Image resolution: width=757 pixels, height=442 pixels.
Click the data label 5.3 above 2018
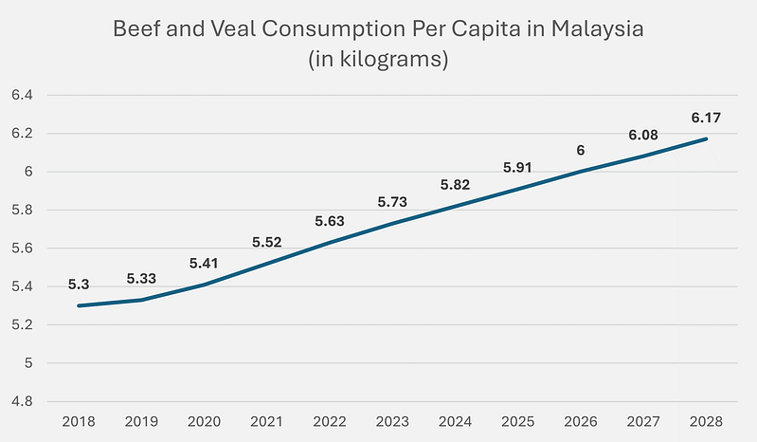coord(79,284)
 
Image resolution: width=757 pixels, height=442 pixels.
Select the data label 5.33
coord(141,279)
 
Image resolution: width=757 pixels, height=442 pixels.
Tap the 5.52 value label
coord(268,243)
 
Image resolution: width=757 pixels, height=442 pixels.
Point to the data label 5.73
coord(391,202)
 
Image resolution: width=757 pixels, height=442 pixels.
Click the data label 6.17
coord(705,119)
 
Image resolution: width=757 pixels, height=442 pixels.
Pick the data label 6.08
coord(642,135)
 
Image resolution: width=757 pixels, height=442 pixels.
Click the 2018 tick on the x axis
coord(80,421)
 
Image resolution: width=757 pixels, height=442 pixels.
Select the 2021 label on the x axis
coord(267,421)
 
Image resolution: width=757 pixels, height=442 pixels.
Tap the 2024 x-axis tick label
coord(455,421)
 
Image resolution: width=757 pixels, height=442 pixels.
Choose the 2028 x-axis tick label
coord(705,421)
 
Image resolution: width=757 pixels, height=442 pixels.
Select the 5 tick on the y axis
coord(28,363)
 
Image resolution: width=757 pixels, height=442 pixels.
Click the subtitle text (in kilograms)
coord(379,61)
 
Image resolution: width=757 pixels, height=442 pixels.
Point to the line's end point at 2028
coord(705,139)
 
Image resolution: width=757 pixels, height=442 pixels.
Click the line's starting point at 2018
coord(80,305)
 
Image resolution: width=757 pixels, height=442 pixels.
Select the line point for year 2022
coord(330,243)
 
